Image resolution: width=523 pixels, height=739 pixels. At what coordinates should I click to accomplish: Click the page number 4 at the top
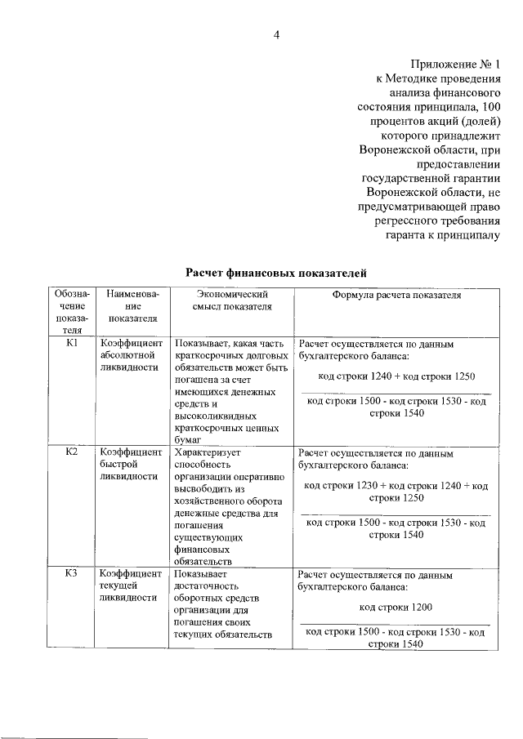(x=276, y=33)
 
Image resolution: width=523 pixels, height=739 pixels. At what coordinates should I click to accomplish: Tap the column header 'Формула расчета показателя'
(x=396, y=295)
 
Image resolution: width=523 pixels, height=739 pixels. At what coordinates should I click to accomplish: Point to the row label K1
(x=71, y=344)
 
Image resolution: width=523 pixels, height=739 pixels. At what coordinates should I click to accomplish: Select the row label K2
(x=71, y=451)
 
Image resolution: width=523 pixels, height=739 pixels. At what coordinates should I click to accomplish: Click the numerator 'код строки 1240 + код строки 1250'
(x=396, y=376)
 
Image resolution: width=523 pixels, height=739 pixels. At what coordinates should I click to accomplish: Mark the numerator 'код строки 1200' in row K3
(x=396, y=607)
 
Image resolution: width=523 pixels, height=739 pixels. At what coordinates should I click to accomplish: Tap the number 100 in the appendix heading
(x=487, y=107)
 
